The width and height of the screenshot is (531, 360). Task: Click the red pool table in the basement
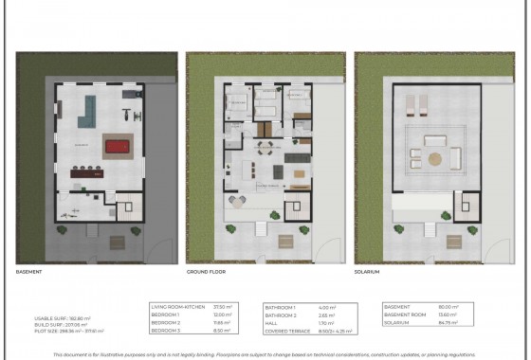(x=117, y=148)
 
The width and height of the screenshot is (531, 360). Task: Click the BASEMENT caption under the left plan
(x=30, y=271)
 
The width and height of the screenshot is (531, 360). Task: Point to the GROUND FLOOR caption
(x=206, y=271)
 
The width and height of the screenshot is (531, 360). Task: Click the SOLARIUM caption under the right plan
(x=369, y=271)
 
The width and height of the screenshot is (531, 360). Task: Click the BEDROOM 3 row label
(x=167, y=331)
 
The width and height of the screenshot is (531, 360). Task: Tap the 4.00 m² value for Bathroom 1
(x=324, y=306)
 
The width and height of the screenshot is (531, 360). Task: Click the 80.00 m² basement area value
(x=445, y=306)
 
